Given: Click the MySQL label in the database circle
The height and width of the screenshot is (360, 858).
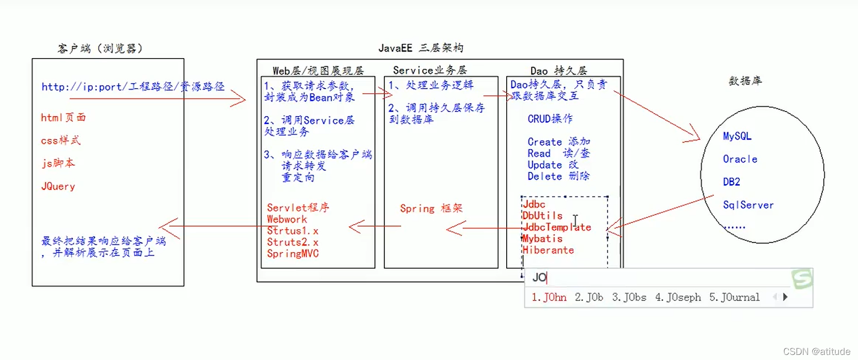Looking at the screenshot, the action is [737, 136].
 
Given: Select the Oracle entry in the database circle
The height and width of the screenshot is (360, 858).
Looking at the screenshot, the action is [740, 159].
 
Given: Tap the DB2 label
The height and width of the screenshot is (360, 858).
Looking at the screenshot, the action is [731, 182].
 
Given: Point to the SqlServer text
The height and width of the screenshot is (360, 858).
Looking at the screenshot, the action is [748, 205].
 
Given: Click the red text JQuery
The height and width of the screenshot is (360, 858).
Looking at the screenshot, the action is [58, 186].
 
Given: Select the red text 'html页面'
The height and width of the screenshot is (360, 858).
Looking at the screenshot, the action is [63, 118].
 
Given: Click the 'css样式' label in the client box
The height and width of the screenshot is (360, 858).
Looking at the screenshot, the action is [61, 141].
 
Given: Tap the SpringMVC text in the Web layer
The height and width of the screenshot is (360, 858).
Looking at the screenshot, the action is [293, 254].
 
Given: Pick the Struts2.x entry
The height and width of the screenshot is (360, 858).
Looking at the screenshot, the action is [293, 242].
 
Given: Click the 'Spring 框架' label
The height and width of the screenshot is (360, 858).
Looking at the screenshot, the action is [431, 208].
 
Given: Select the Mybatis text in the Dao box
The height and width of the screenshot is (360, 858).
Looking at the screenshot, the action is [543, 239].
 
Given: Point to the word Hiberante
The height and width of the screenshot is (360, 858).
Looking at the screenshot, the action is [548, 250].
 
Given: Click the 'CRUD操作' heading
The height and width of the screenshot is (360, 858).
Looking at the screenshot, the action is [550, 119].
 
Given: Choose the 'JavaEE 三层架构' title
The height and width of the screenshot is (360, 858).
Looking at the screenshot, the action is [421, 48].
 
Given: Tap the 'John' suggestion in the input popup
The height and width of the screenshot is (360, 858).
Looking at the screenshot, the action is [549, 297].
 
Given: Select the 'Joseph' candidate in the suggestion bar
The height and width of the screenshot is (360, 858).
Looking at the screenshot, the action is [678, 297].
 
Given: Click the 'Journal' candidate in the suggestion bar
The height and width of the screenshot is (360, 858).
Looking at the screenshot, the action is [734, 297].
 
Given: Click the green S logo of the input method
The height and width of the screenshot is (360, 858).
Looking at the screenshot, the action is [801, 279].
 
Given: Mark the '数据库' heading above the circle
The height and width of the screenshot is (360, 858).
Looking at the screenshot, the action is [745, 80].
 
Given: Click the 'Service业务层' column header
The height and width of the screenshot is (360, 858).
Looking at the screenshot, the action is [430, 70].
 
